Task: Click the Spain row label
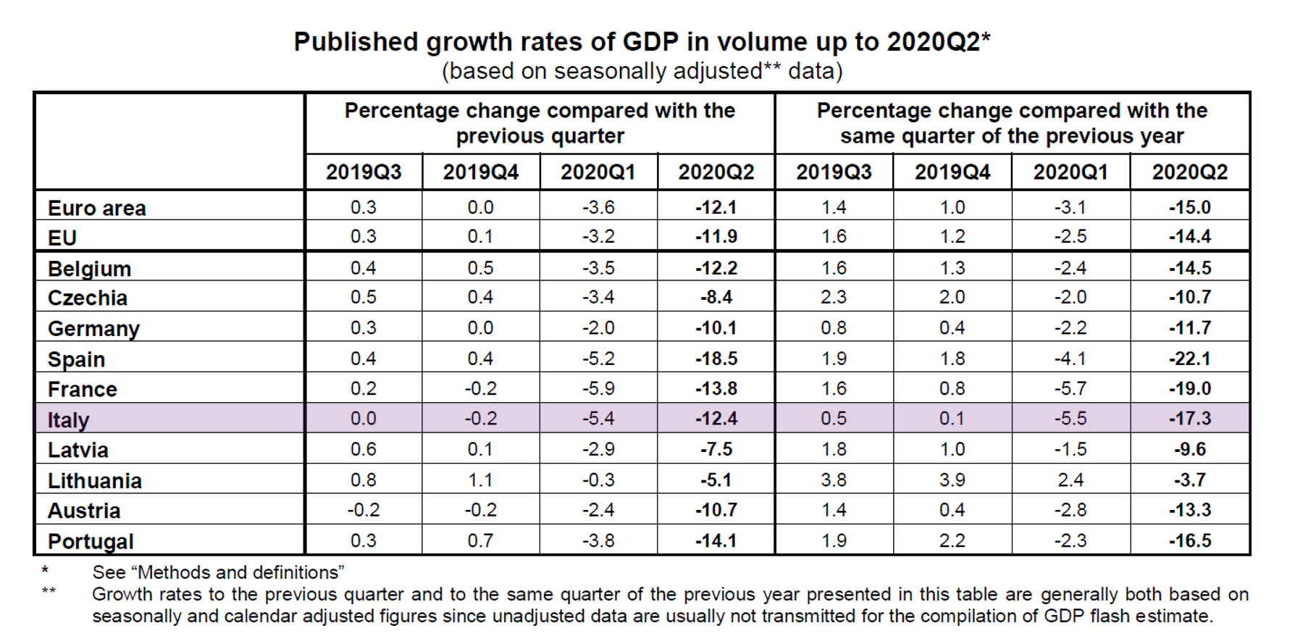tap(76, 359)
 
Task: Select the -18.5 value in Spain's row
tap(716, 359)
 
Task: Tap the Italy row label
tap(68, 419)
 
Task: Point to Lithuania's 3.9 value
tap(952, 480)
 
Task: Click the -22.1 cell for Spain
tap(1189, 359)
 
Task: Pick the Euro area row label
tap(96, 209)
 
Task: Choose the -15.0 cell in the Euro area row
tap(1189, 207)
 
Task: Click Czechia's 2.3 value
tap(834, 297)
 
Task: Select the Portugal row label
tap(91, 541)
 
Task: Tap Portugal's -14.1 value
tap(716, 540)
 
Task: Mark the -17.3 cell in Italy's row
tap(1189, 418)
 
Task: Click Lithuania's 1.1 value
tap(480, 480)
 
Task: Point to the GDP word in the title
tap(650, 42)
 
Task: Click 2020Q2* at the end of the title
tap(939, 42)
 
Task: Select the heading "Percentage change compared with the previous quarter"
tap(540, 123)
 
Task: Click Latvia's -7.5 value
tap(716, 449)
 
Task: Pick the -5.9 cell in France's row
tap(598, 388)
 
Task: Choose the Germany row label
tap(93, 329)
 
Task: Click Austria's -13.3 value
tap(1189, 510)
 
